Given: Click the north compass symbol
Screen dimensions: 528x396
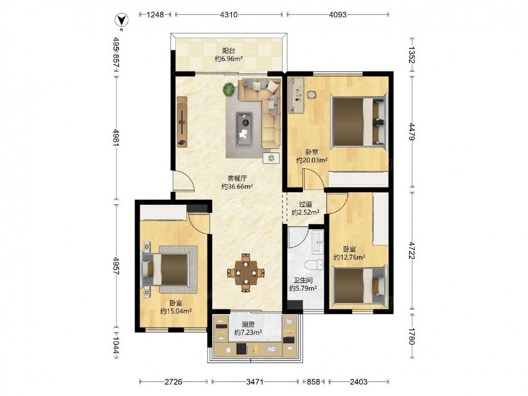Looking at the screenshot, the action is tap(121, 20).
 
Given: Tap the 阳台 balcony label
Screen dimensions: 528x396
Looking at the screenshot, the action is tap(229, 51).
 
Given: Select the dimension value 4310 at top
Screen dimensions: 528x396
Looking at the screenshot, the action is tap(229, 14).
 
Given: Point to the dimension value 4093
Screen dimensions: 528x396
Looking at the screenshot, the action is tap(337, 14).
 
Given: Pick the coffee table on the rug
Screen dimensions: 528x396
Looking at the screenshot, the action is tap(244, 129).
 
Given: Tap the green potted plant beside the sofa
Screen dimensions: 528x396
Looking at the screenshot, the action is tap(229, 90).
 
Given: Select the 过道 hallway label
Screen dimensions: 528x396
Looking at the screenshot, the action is tap(305, 204).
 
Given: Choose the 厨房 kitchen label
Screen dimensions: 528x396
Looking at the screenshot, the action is tap(248, 325).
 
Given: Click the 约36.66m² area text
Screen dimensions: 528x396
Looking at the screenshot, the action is tap(237, 186).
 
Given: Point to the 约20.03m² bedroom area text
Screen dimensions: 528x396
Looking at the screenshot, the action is tap(312, 161).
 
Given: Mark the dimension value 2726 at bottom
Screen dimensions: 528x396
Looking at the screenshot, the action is tap(173, 382).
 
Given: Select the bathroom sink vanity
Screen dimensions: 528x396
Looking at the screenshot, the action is tap(317, 242).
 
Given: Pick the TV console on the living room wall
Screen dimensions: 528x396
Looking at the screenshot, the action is tap(182, 122).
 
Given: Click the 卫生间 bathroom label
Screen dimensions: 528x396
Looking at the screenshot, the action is tap(303, 280).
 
